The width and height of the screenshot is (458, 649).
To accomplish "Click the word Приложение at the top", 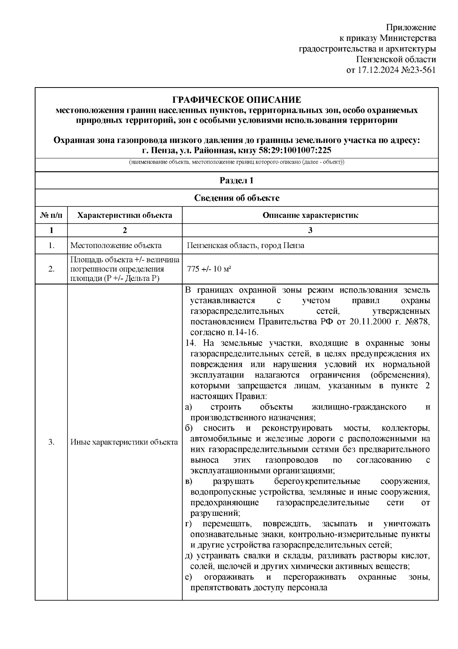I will point(411,28).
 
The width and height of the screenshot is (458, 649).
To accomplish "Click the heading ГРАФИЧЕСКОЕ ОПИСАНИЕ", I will point(237,100).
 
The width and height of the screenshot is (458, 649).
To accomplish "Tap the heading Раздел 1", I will point(237,181).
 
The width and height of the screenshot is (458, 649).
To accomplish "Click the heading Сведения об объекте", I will point(237,198).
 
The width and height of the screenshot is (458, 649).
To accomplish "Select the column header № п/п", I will point(51,215).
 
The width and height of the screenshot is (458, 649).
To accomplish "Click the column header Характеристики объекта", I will point(125,215).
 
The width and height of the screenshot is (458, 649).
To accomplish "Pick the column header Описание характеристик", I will point(310,215).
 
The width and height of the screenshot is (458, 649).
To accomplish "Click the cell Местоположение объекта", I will point(116,245).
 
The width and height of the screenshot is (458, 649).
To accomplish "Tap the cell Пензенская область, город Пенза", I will point(245,245).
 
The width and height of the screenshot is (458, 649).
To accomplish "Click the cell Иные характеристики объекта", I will point(124,442).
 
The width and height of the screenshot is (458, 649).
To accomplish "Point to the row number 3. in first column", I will point(51,442).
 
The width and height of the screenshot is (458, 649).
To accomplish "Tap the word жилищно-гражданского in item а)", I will point(359,407).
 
